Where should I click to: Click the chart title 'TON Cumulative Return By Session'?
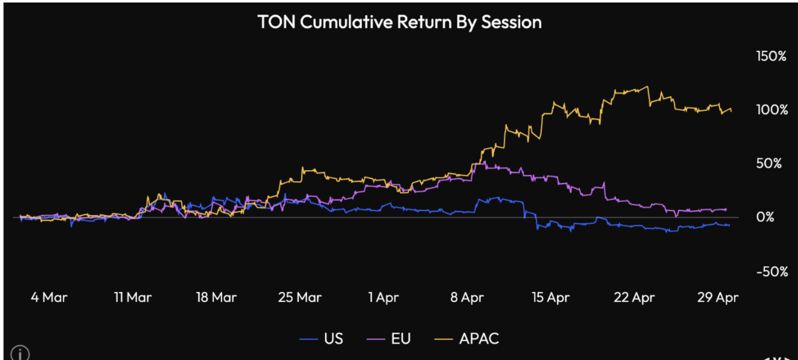coord(399,22)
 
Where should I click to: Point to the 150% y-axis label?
coord(770,56)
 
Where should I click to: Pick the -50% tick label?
coord(772,272)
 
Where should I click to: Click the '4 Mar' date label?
coord(49,297)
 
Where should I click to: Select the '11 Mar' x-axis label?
coord(132,297)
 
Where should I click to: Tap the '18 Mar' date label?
coord(216,297)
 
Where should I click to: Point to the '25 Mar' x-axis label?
coord(299,297)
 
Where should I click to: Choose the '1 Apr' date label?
coord(383,297)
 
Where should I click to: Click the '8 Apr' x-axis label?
coord(467,297)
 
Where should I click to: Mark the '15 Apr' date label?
coord(551,297)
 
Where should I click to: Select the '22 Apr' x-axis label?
coord(634,297)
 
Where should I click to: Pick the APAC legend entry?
coord(468,339)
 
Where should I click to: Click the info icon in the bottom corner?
coord(20,354)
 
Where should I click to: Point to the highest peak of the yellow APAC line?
coord(648,87)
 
